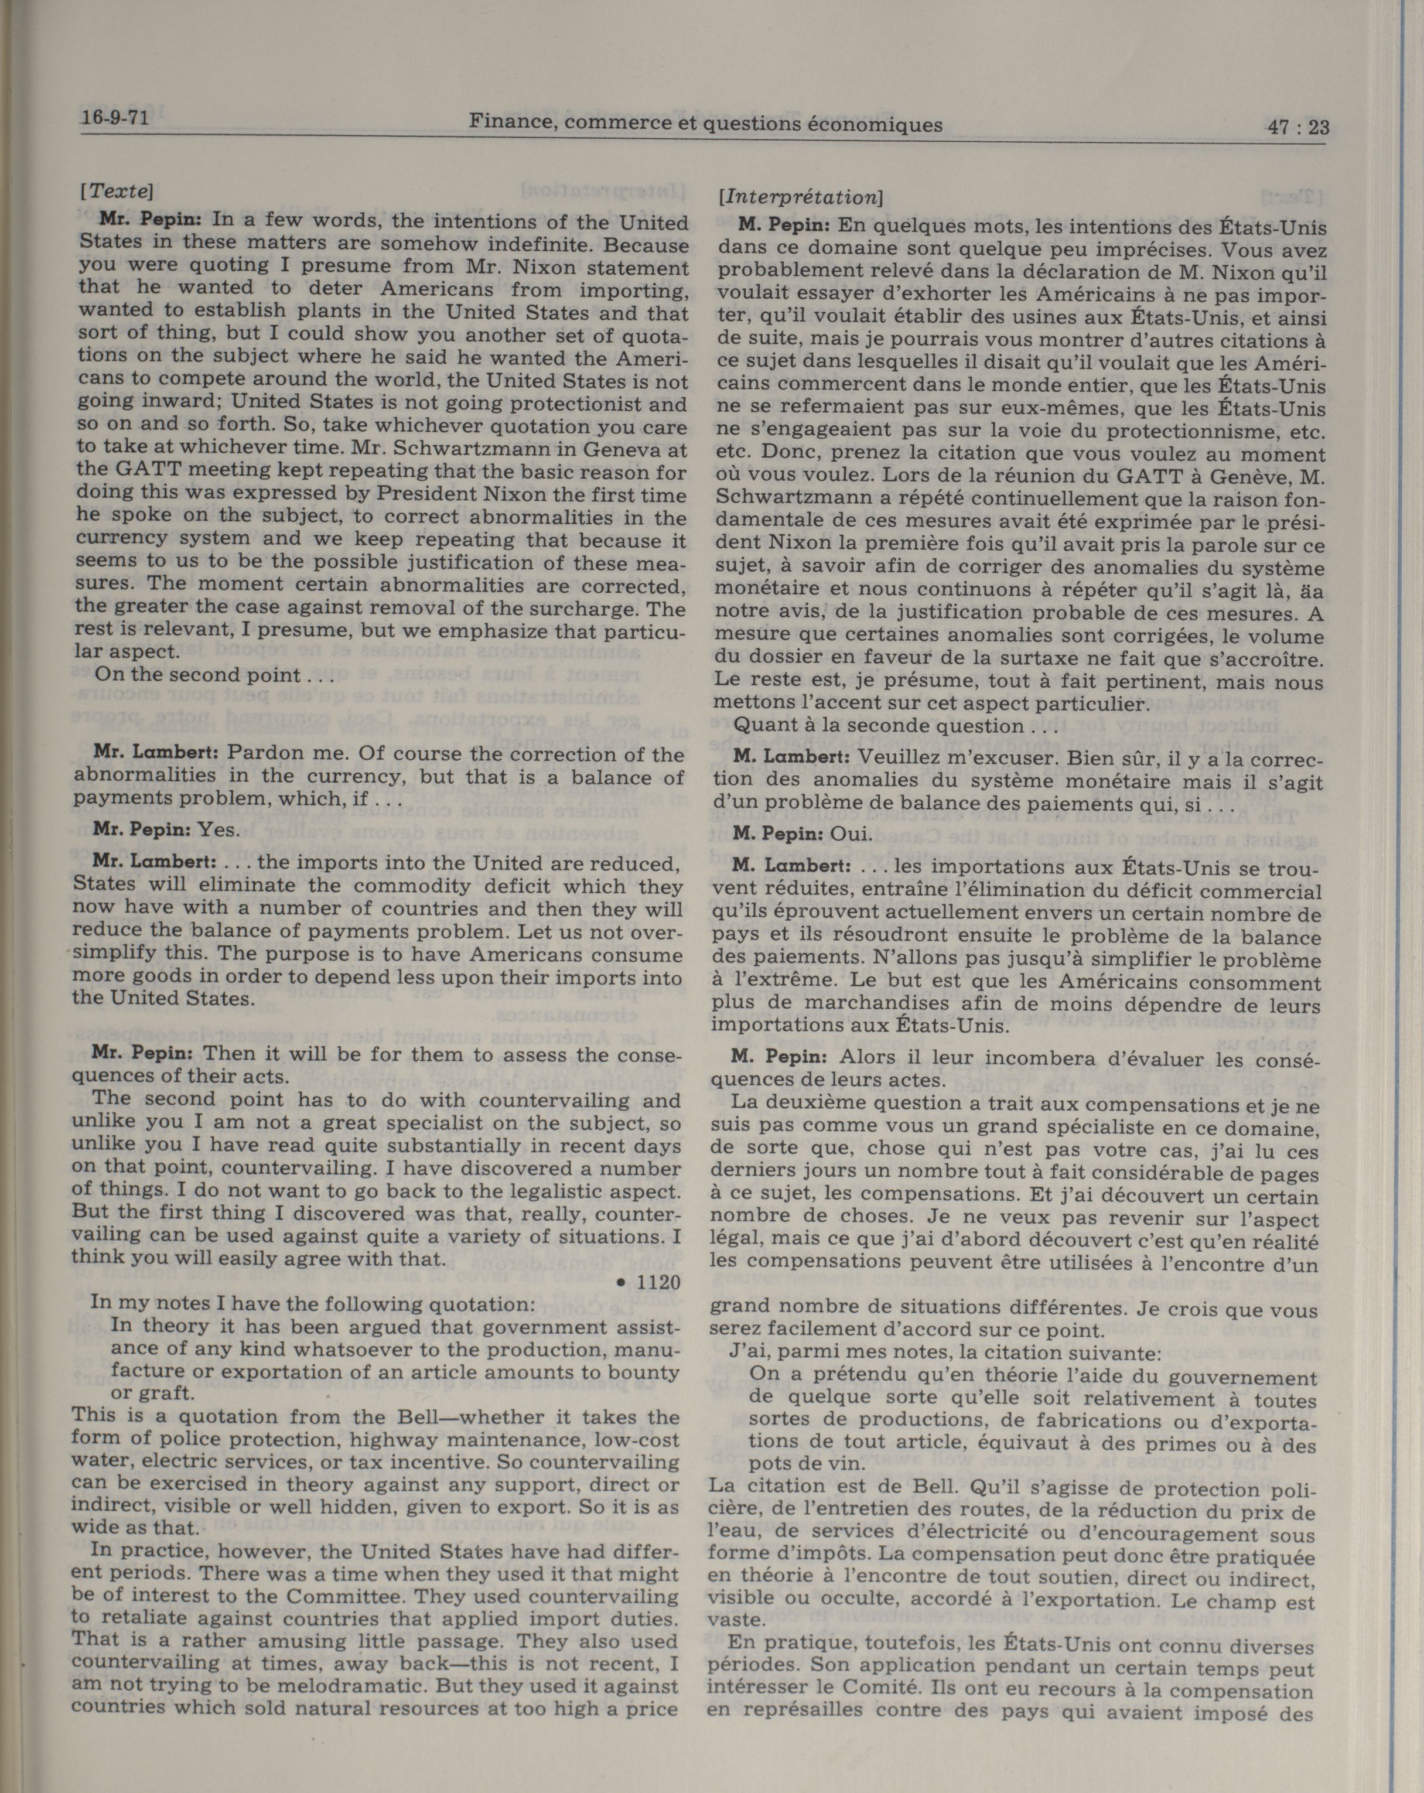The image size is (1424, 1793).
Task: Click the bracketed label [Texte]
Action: (x=117, y=190)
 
